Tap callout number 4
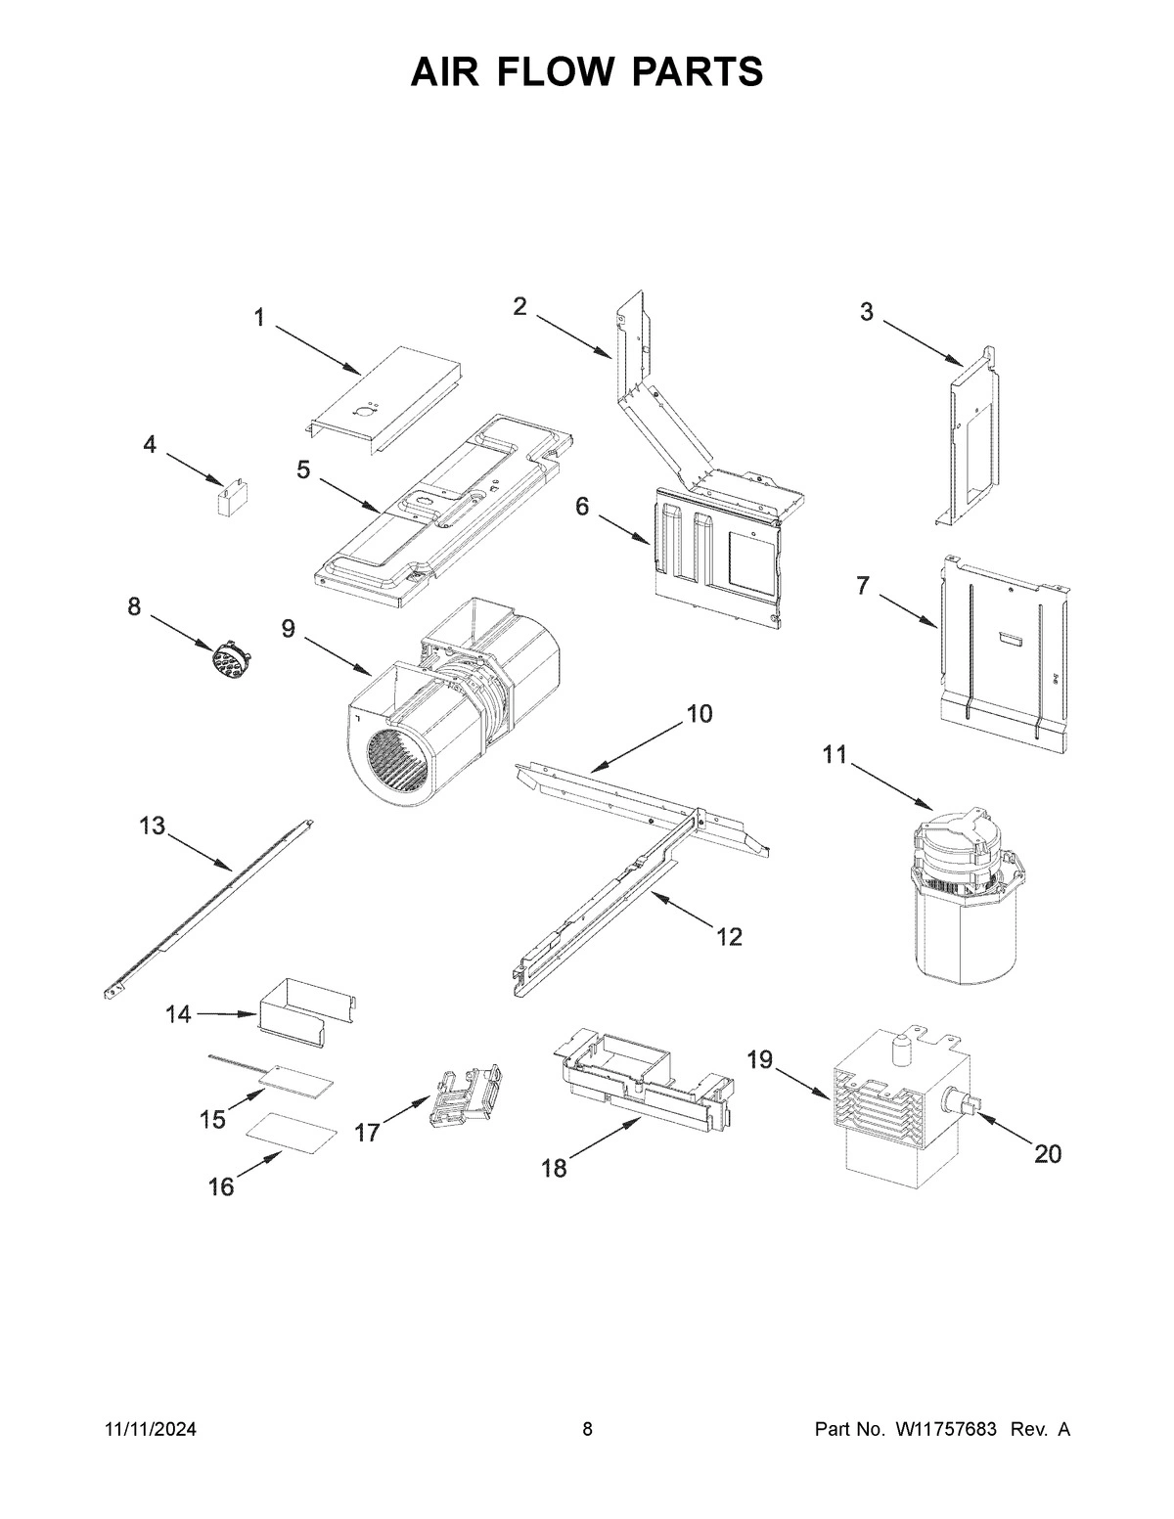(149, 445)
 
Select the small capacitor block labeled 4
(231, 500)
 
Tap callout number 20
(1047, 1154)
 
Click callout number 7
(862, 586)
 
